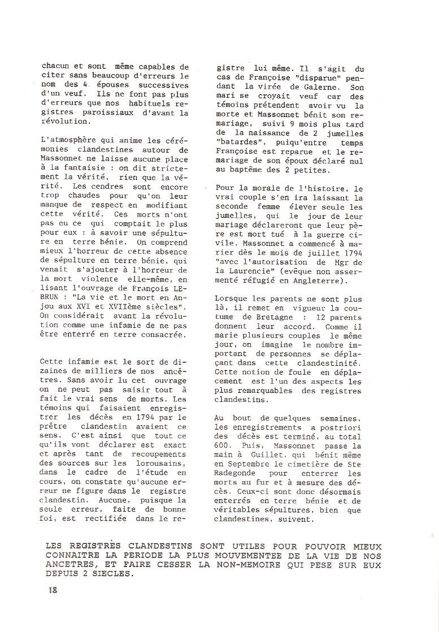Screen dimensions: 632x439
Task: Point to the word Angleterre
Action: (x=319, y=280)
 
